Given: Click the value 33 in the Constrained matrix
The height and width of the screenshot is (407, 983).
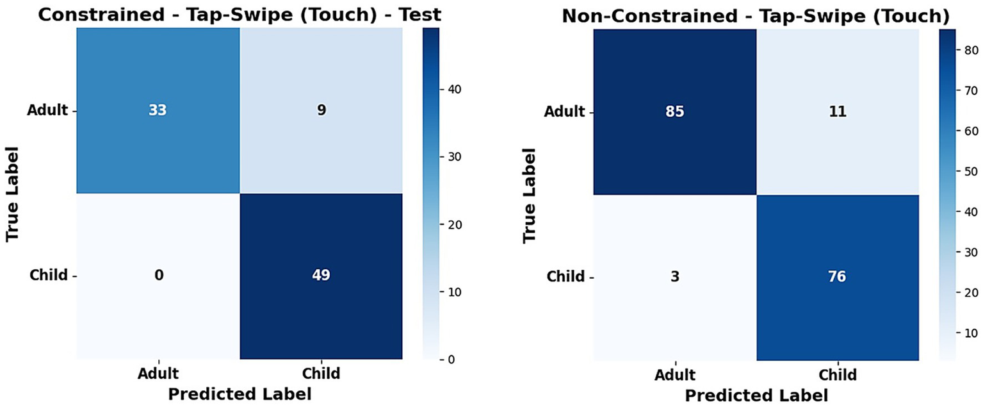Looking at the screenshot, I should [158, 110].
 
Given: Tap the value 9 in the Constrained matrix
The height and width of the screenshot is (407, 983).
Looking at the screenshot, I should [321, 110].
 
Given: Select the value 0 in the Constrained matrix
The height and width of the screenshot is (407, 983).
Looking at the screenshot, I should [158, 276].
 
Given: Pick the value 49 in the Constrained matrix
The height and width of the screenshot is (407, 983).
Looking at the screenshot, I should [321, 276].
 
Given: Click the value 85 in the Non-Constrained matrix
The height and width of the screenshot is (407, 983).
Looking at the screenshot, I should [675, 112].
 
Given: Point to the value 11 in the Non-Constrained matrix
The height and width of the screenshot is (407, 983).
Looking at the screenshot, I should [837, 112].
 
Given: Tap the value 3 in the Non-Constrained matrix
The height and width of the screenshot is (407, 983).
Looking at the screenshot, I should [675, 276].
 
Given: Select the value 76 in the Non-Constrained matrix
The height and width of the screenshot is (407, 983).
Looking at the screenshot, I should [837, 276].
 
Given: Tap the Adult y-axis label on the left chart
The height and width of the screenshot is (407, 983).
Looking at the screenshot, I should [47, 110].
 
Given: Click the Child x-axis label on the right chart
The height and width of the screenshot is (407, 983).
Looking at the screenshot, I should [837, 374].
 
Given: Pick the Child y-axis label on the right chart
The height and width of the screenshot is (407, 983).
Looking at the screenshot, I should [565, 276].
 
